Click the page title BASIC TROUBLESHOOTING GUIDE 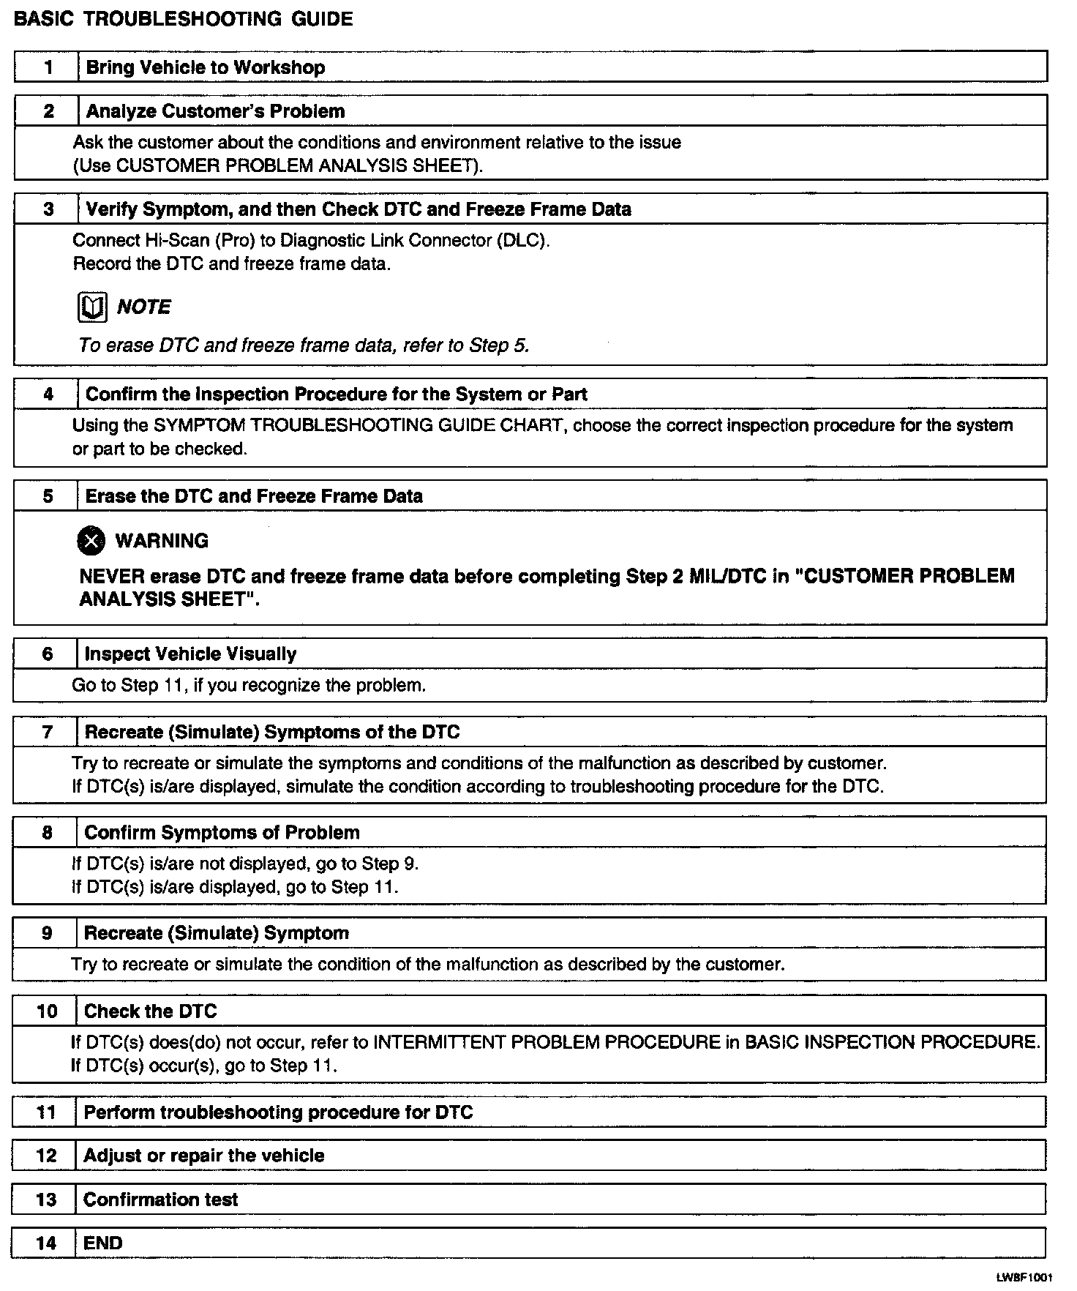183,19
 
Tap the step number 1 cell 48,67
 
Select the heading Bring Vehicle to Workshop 206,67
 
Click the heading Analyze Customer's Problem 215,111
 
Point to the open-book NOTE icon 92,307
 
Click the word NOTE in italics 143,307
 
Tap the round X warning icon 91,541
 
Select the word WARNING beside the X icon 162,541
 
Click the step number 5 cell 48,496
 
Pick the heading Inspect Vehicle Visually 190,654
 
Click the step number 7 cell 48,732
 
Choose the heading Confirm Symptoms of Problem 222,833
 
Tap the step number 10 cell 46,1011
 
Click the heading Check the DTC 150,1011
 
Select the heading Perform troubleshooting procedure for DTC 278,1112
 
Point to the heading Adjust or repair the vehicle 203,1156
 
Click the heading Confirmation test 160,1200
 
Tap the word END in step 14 103,1243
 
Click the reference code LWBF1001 1024,1277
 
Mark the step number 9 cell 47,933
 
